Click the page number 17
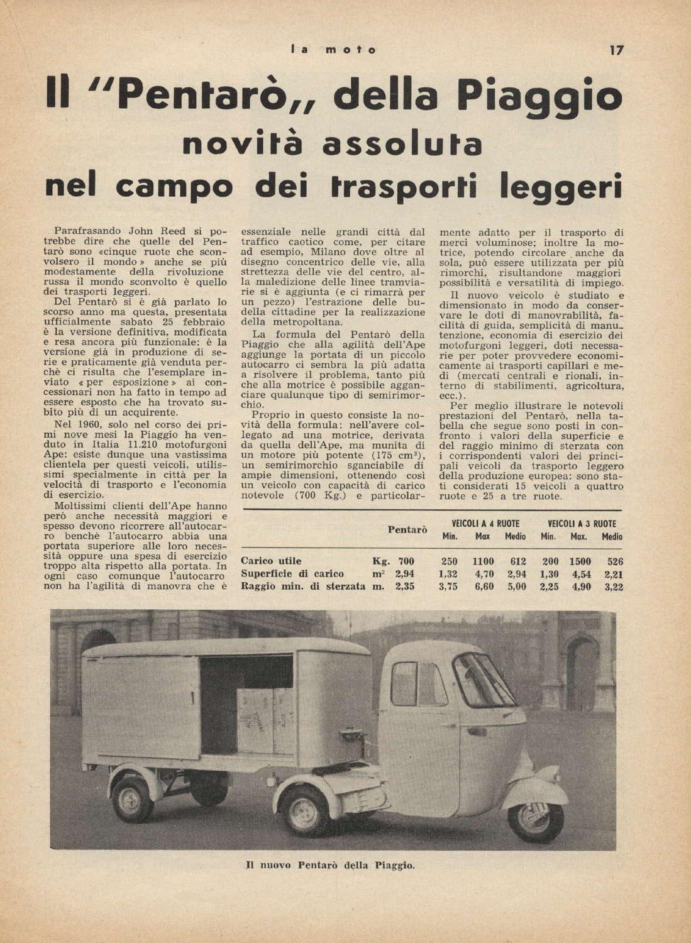click(x=616, y=50)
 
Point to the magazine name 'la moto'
click(x=334, y=50)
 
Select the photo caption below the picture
click(x=330, y=866)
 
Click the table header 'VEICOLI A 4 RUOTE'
click(x=481, y=524)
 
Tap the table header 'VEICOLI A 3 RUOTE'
click(x=582, y=524)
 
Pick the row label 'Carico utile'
click(x=271, y=561)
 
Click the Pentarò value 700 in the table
click(x=406, y=561)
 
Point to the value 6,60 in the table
click(x=484, y=587)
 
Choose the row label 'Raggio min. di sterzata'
click(x=303, y=587)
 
